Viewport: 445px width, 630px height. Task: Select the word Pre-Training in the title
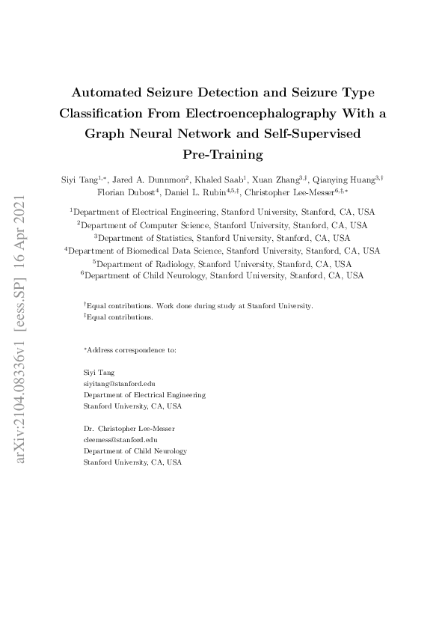pos(223,156)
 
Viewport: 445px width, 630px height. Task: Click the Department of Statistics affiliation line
pos(223,237)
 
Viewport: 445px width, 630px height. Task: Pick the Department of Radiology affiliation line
pos(223,263)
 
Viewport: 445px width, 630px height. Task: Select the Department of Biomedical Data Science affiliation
pos(223,251)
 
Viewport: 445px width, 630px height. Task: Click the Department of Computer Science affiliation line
pos(223,224)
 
